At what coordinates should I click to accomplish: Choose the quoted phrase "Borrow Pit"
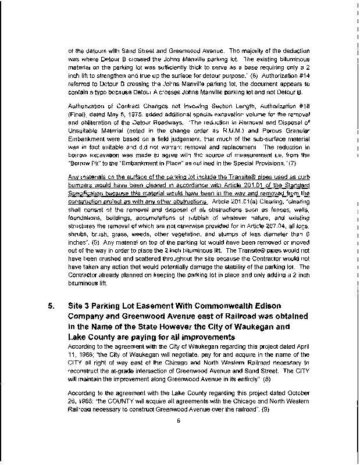pyautogui.click(x=83, y=164)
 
